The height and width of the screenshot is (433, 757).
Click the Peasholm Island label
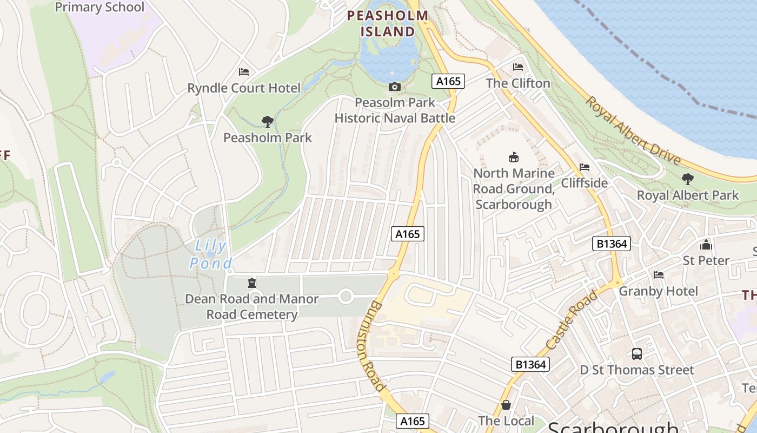click(x=388, y=23)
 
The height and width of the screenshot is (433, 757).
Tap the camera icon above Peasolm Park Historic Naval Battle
click(x=395, y=87)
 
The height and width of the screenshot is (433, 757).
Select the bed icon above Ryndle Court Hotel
click(x=244, y=72)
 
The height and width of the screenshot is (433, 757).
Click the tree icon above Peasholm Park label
click(x=267, y=121)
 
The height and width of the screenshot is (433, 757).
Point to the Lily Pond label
click(x=211, y=254)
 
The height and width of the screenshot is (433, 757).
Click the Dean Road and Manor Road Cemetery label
click(x=252, y=306)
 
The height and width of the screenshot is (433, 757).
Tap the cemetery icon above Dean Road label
click(x=251, y=283)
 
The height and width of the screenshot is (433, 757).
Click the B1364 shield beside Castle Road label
click(x=530, y=364)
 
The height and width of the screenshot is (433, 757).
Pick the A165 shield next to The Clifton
click(x=448, y=81)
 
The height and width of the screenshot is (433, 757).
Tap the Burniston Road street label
click(x=371, y=346)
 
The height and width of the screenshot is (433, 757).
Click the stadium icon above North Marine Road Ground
click(x=513, y=157)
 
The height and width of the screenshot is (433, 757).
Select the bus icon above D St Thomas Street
click(x=637, y=354)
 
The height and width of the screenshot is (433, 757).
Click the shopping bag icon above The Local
click(x=506, y=404)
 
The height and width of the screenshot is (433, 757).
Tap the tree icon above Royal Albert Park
click(x=687, y=179)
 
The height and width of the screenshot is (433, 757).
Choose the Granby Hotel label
click(x=659, y=291)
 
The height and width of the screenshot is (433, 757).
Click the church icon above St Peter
click(x=706, y=245)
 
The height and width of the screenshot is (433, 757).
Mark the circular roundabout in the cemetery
click(x=346, y=297)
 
